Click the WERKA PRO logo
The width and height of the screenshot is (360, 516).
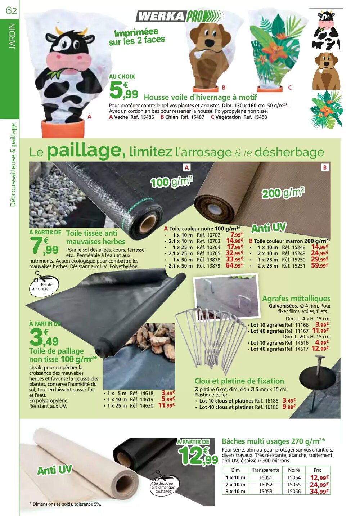179,16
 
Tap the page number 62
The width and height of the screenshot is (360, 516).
11,10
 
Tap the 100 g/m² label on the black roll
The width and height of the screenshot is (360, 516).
172,181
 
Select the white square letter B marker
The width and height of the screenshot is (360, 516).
324,167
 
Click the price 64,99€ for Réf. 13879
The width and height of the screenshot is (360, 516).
235,266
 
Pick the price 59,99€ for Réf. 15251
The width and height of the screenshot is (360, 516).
320,266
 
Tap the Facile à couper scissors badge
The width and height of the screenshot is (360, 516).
43,284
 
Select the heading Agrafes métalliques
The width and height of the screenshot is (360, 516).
296,299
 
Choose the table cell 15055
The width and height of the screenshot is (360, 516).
294,485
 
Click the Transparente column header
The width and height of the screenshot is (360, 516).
265,470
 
